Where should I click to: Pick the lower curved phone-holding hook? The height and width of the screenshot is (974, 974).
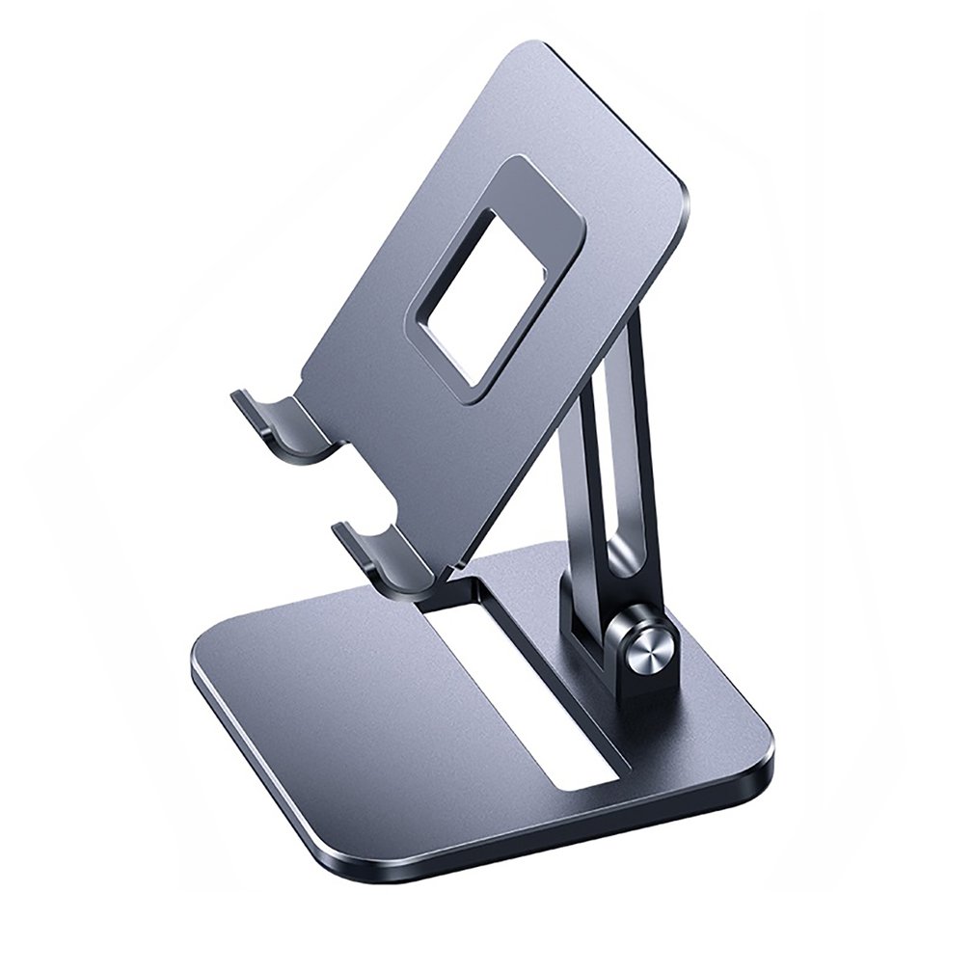[x=376, y=559]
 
